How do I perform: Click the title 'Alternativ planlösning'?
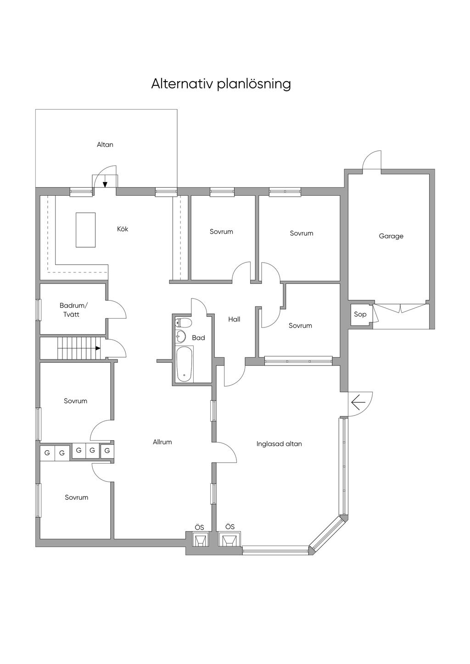pyautogui.click(x=221, y=84)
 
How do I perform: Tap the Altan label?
pyautogui.click(x=105, y=144)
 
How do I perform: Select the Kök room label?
pyautogui.click(x=123, y=229)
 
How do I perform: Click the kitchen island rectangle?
pyautogui.click(x=85, y=230)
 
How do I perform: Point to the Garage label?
pyautogui.click(x=391, y=236)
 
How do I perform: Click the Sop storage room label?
pyautogui.click(x=360, y=314)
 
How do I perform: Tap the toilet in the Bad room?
pyautogui.click(x=183, y=322)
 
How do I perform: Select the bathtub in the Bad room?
pyautogui.click(x=184, y=364)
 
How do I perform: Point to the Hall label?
pyautogui.click(x=234, y=319)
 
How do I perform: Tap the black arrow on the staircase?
pyautogui.click(x=98, y=349)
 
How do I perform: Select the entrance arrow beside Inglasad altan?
pyautogui.click(x=358, y=402)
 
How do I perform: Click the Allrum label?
pyautogui.click(x=162, y=442)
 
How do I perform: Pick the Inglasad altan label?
pyautogui.click(x=279, y=444)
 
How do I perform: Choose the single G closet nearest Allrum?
pyautogui.click(x=107, y=451)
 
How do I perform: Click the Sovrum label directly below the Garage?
pyautogui.click(x=300, y=326)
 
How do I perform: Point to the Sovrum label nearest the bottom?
pyautogui.click(x=77, y=498)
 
